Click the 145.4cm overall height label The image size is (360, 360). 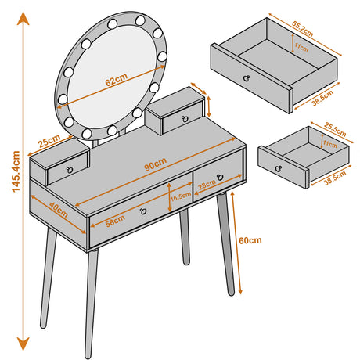coord(12,178)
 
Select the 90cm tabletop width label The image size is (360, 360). coord(156,163)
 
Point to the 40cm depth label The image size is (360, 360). coord(55,207)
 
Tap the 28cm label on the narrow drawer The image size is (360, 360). coord(207,185)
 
